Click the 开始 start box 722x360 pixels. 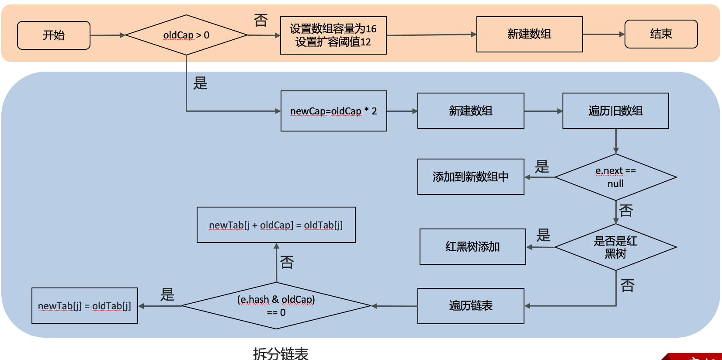coord(54,35)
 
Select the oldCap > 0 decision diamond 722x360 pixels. coord(186,35)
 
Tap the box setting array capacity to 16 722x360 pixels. coord(333,35)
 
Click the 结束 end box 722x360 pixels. coord(661,34)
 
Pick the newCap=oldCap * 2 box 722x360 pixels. coord(333,111)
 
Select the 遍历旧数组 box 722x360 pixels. coord(615,111)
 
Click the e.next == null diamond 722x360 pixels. coord(615,177)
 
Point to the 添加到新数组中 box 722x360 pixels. coord(471,177)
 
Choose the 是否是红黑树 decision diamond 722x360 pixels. coord(615,247)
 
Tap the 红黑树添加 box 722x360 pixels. coord(472,247)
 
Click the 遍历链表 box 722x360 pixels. coord(471,306)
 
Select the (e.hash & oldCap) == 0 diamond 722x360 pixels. coord(276,306)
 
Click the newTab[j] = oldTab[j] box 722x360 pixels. coord(84,306)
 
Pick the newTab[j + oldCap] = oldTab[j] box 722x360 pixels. coord(276,225)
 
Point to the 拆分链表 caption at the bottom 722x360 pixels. coord(281,353)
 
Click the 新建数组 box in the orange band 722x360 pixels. coord(529,34)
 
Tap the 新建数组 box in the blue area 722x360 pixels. coord(471,111)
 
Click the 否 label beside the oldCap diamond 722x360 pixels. coord(261,20)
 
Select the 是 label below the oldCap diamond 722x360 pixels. coord(200,83)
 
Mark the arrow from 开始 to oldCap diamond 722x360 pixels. coord(108,35)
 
